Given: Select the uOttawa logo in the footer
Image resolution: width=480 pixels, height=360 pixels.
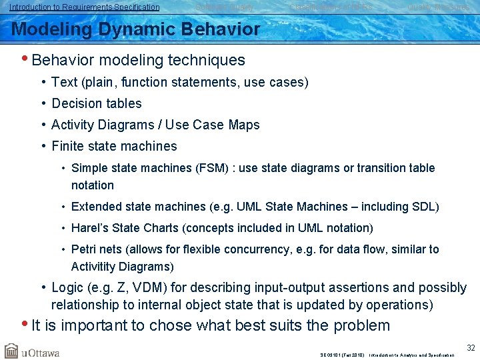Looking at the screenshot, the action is (32, 351).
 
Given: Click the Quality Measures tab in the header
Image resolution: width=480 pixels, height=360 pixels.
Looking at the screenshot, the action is (438, 7).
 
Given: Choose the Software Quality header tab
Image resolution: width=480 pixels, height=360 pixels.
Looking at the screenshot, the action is (224, 7).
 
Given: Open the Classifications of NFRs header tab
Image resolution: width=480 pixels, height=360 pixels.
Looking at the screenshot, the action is (330, 7).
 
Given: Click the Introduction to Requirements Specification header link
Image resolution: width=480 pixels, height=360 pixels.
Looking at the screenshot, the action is (85, 7).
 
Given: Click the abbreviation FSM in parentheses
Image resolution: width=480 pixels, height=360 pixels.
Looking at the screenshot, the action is (206, 168).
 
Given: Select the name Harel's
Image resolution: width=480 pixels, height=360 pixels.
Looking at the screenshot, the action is (90, 228).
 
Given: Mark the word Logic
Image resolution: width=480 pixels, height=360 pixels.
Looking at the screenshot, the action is (67, 288).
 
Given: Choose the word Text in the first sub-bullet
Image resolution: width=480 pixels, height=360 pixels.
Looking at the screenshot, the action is (64, 82).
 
